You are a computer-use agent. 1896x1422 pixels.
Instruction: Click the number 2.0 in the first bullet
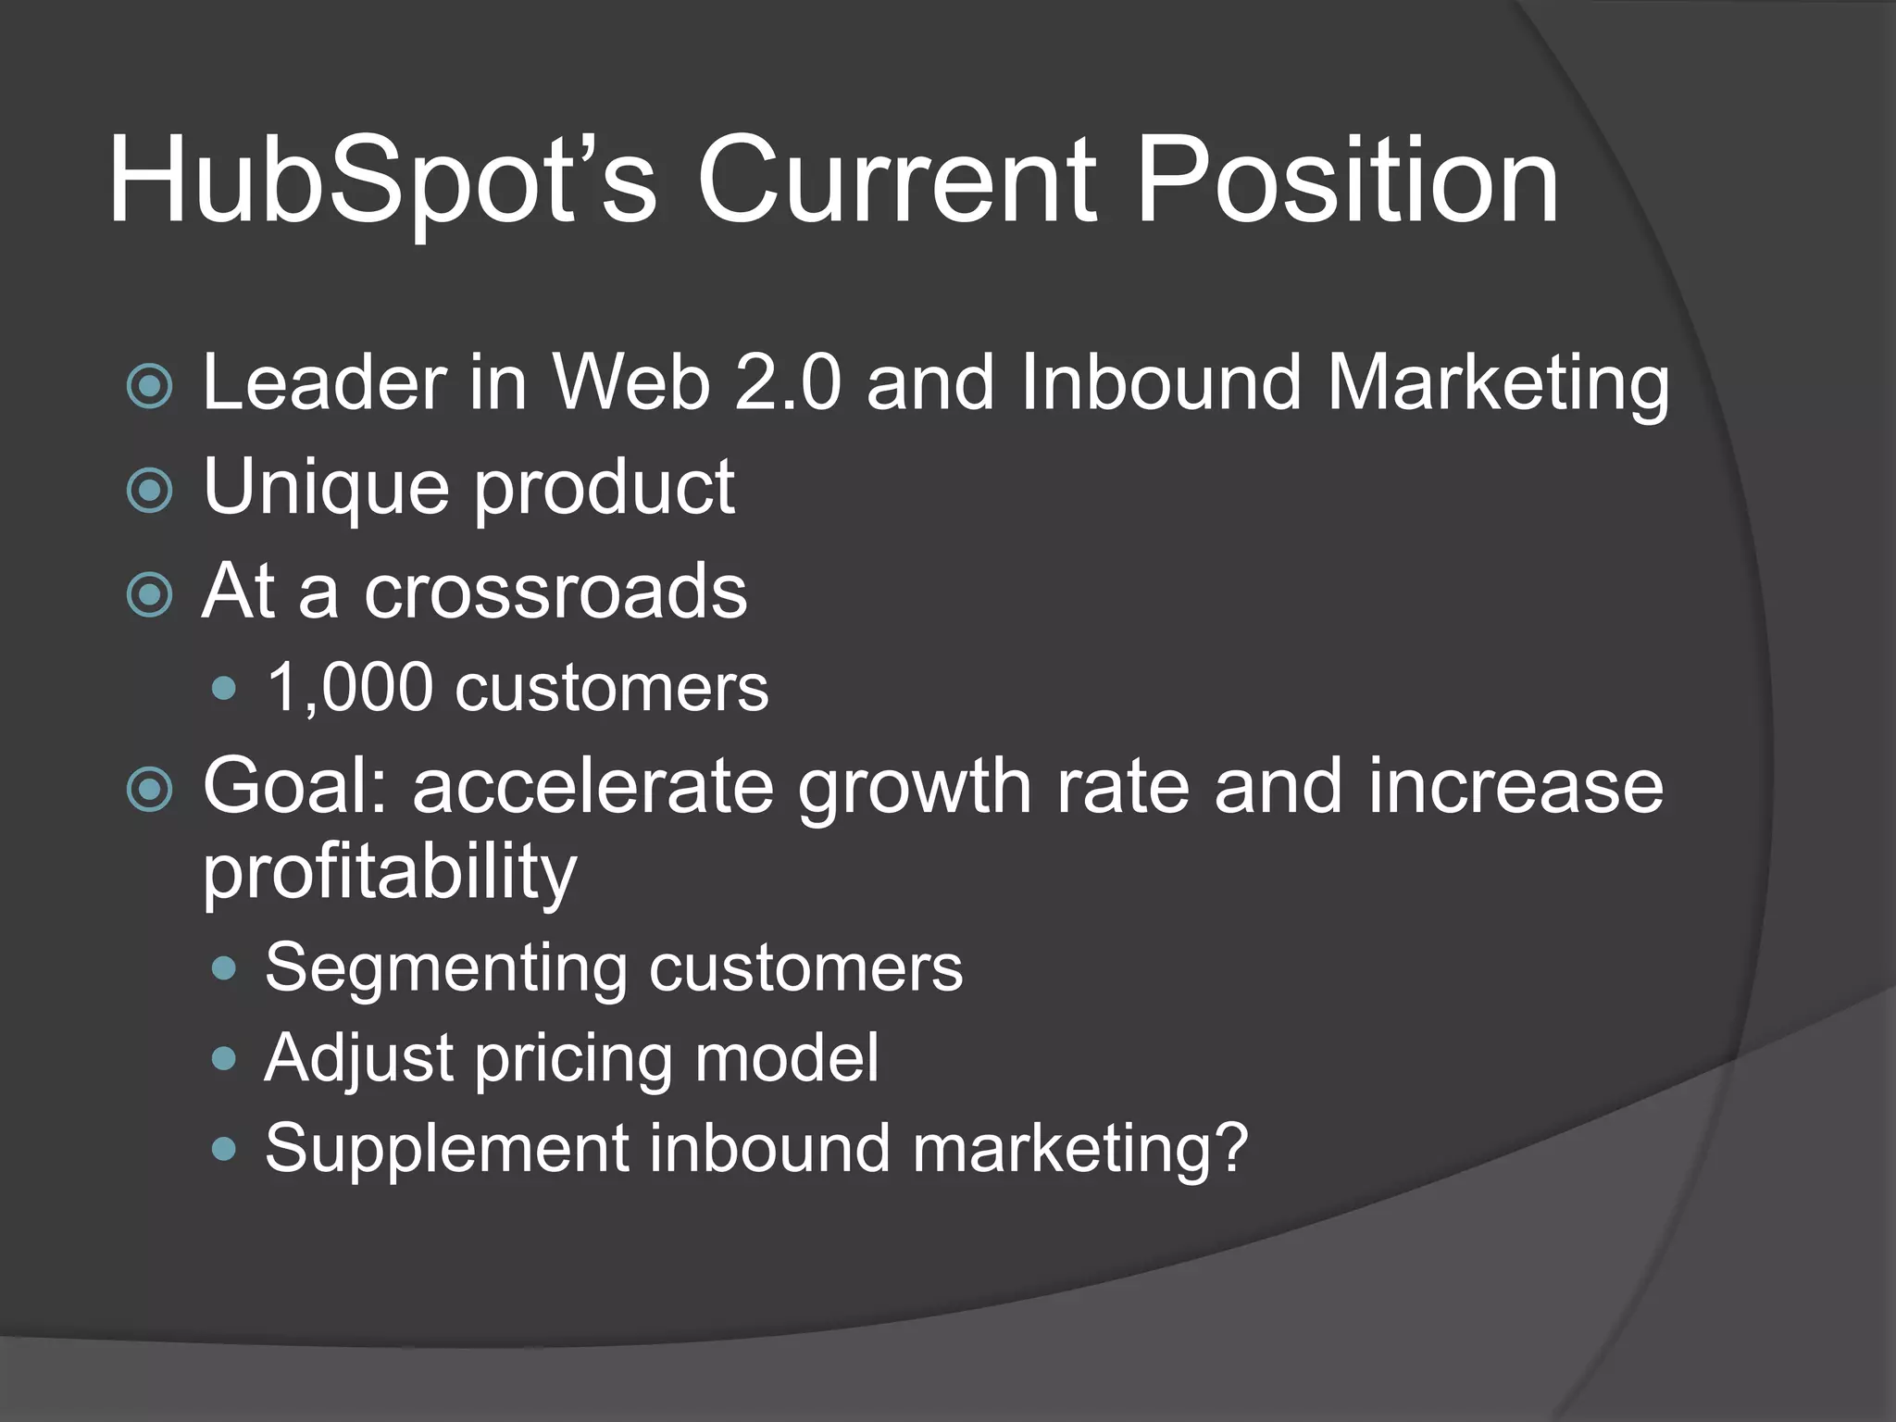tap(788, 383)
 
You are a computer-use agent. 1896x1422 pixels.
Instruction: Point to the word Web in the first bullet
tap(631, 383)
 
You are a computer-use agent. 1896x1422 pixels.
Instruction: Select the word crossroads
tap(555, 592)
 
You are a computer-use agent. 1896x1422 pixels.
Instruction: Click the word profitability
tap(390, 872)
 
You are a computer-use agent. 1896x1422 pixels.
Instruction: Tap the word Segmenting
tap(445, 968)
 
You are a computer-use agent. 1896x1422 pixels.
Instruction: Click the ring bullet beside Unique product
tap(149, 491)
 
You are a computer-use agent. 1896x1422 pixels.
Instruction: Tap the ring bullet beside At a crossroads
tap(149, 595)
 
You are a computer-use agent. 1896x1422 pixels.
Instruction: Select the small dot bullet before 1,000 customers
tap(224, 689)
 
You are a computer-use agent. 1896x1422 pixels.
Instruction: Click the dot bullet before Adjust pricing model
tap(224, 1058)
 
